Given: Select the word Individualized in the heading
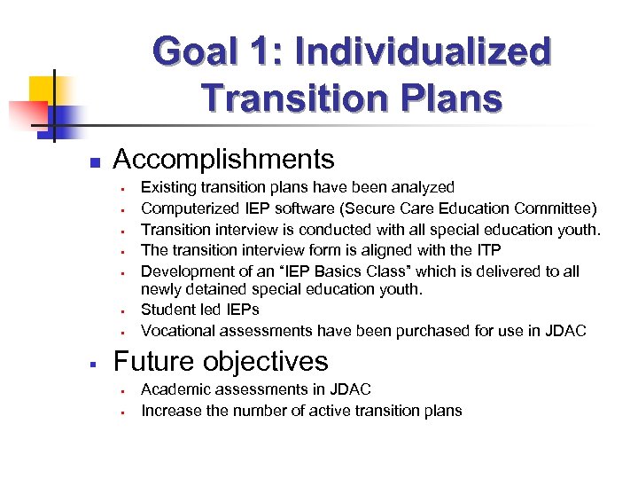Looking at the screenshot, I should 423,51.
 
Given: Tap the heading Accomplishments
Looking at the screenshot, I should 224,159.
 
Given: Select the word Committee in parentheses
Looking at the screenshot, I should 556,208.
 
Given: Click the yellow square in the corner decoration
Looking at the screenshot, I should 42,90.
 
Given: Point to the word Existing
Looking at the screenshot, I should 170,187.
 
